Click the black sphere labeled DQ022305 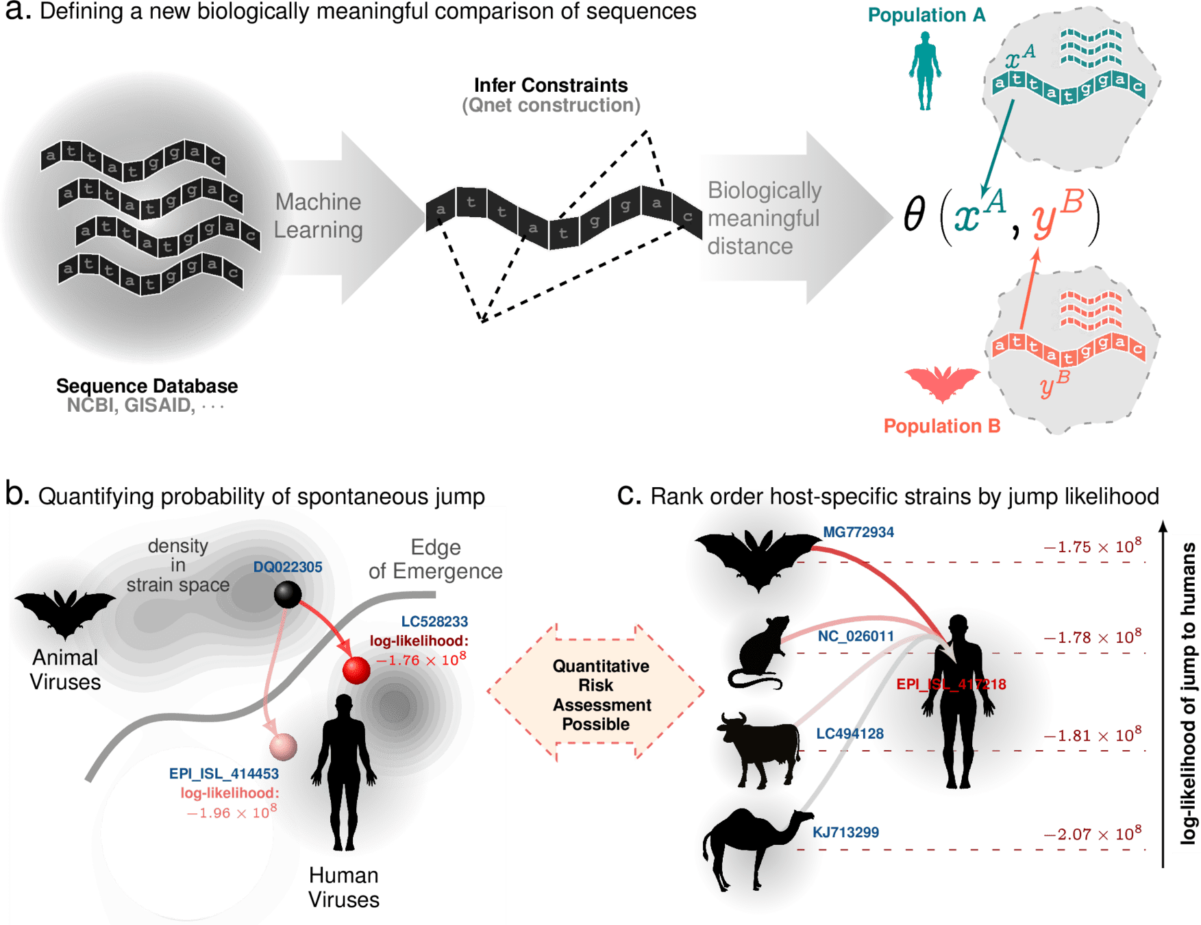click(287, 594)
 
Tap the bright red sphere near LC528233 click(356, 670)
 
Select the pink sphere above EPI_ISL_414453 click(283, 745)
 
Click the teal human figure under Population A click(925, 73)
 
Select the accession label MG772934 click(858, 532)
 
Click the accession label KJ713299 click(846, 832)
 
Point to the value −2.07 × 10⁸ click(1092, 834)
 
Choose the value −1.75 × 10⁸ click(1092, 546)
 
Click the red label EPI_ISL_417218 click(951, 684)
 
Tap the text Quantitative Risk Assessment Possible click(601, 695)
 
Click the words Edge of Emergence click(435, 559)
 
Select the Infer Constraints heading click(551, 86)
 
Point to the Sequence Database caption click(147, 386)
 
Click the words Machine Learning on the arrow click(319, 216)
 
